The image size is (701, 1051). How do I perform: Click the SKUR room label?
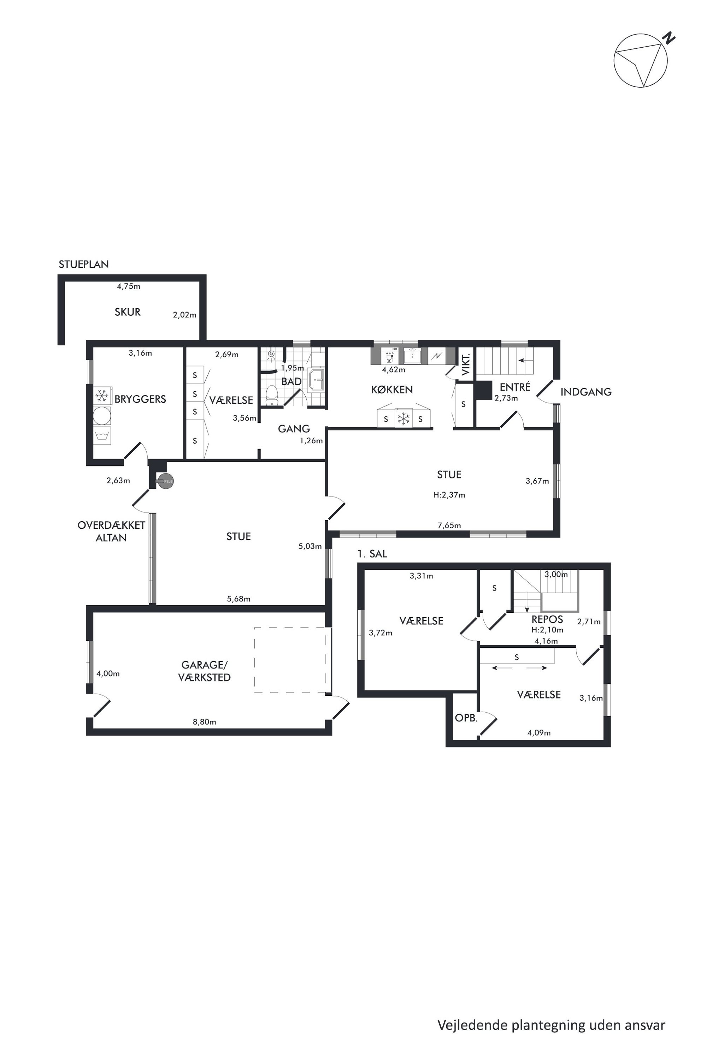point(128,312)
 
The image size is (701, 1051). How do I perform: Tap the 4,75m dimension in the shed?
point(128,286)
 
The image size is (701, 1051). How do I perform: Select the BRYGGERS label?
point(140,399)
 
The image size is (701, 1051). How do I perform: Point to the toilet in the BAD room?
point(271,396)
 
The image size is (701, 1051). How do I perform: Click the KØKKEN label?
point(391,390)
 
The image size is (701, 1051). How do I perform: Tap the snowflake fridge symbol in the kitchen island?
point(404,419)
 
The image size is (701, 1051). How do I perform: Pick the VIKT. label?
point(465,364)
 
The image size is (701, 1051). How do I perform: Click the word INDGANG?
point(586,392)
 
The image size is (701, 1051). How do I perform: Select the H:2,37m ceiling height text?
point(449,495)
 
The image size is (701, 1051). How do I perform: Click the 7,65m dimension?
point(449,525)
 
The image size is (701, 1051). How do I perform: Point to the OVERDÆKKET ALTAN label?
point(111,531)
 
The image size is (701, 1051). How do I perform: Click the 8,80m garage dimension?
point(204,722)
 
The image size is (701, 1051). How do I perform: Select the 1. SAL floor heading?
point(372,554)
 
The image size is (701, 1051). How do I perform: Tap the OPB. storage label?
point(466,718)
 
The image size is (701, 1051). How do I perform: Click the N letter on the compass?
point(668,38)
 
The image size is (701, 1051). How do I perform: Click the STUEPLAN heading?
point(84,264)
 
